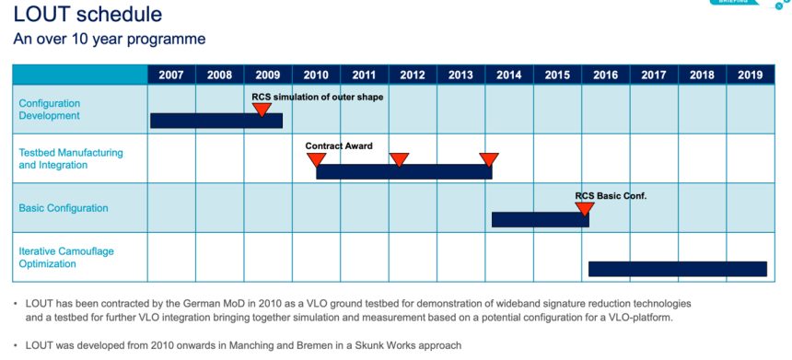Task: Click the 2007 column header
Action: pos(171,75)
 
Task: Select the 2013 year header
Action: pos(460,75)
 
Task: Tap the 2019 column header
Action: pos(750,75)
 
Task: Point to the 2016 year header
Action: pos(605,75)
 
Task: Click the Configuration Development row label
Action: pos(50,110)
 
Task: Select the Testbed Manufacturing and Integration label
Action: pos(71,158)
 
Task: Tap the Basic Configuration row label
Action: pos(64,208)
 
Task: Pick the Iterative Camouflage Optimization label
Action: pos(66,258)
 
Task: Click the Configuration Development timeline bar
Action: pos(216,121)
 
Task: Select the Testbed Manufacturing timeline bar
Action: pos(404,171)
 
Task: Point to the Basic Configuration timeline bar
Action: pos(540,220)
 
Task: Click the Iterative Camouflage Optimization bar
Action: pos(677,269)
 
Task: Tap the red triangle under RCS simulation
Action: pos(262,109)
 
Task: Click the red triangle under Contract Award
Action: pos(316,159)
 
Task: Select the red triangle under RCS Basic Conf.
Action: pos(585,208)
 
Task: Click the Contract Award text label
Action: pos(338,145)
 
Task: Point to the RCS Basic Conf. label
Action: pos(611,196)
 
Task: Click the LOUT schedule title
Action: pos(87,14)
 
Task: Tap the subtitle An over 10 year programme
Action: pos(109,40)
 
